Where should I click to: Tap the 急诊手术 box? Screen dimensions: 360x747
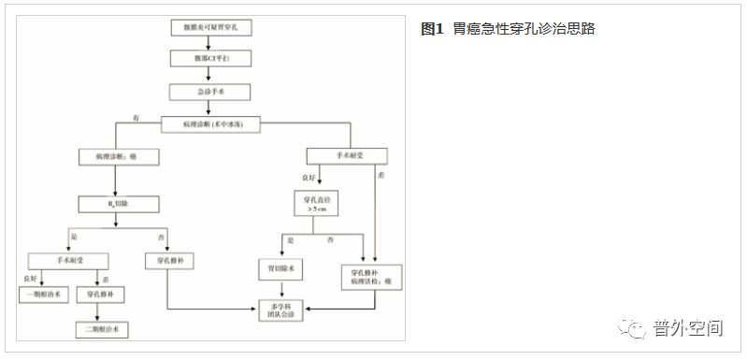point(209,92)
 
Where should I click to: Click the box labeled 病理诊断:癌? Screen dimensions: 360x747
point(115,156)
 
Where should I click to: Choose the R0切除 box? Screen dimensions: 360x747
point(115,202)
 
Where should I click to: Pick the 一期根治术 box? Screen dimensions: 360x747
point(44,294)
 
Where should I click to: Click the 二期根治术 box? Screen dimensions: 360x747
point(101,329)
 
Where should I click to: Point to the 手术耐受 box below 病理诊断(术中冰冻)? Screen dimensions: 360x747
point(347,156)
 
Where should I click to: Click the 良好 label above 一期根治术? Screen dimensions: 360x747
point(28,278)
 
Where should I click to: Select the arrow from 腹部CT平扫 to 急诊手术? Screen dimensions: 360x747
point(209,76)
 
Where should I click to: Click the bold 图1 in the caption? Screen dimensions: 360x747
point(431,29)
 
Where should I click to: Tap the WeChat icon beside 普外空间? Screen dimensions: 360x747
point(638,328)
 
